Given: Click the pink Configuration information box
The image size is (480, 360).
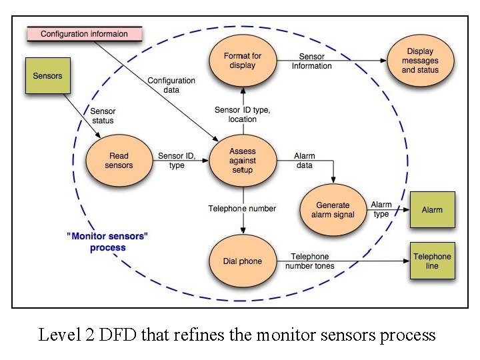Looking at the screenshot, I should [84, 33].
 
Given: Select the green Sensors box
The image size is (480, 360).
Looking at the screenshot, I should [47, 75].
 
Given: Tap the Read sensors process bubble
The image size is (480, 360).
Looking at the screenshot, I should [119, 161].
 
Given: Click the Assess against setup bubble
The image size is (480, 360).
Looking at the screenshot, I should [242, 161].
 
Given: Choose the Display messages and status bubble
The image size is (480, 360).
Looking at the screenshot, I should [419, 61].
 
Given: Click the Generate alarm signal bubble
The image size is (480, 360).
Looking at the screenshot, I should [333, 210].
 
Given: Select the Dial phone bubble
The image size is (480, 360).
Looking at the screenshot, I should [242, 261].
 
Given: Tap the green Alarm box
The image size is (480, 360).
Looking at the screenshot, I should [431, 210].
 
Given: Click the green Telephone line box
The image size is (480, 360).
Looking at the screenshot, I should [431, 261].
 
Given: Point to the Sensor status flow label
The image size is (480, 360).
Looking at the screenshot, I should [103, 116].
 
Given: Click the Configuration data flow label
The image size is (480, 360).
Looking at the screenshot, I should [171, 85].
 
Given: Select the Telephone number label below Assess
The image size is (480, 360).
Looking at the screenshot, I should [242, 209].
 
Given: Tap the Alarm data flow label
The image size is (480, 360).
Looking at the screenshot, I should [305, 161].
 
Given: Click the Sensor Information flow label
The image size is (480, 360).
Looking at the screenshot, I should [311, 61].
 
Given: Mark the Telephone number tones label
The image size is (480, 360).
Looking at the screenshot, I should [310, 261].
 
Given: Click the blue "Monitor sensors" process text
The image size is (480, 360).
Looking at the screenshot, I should [107, 241].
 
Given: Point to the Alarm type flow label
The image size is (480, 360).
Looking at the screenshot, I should [381, 209].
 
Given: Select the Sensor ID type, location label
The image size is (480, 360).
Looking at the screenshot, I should [242, 114].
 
